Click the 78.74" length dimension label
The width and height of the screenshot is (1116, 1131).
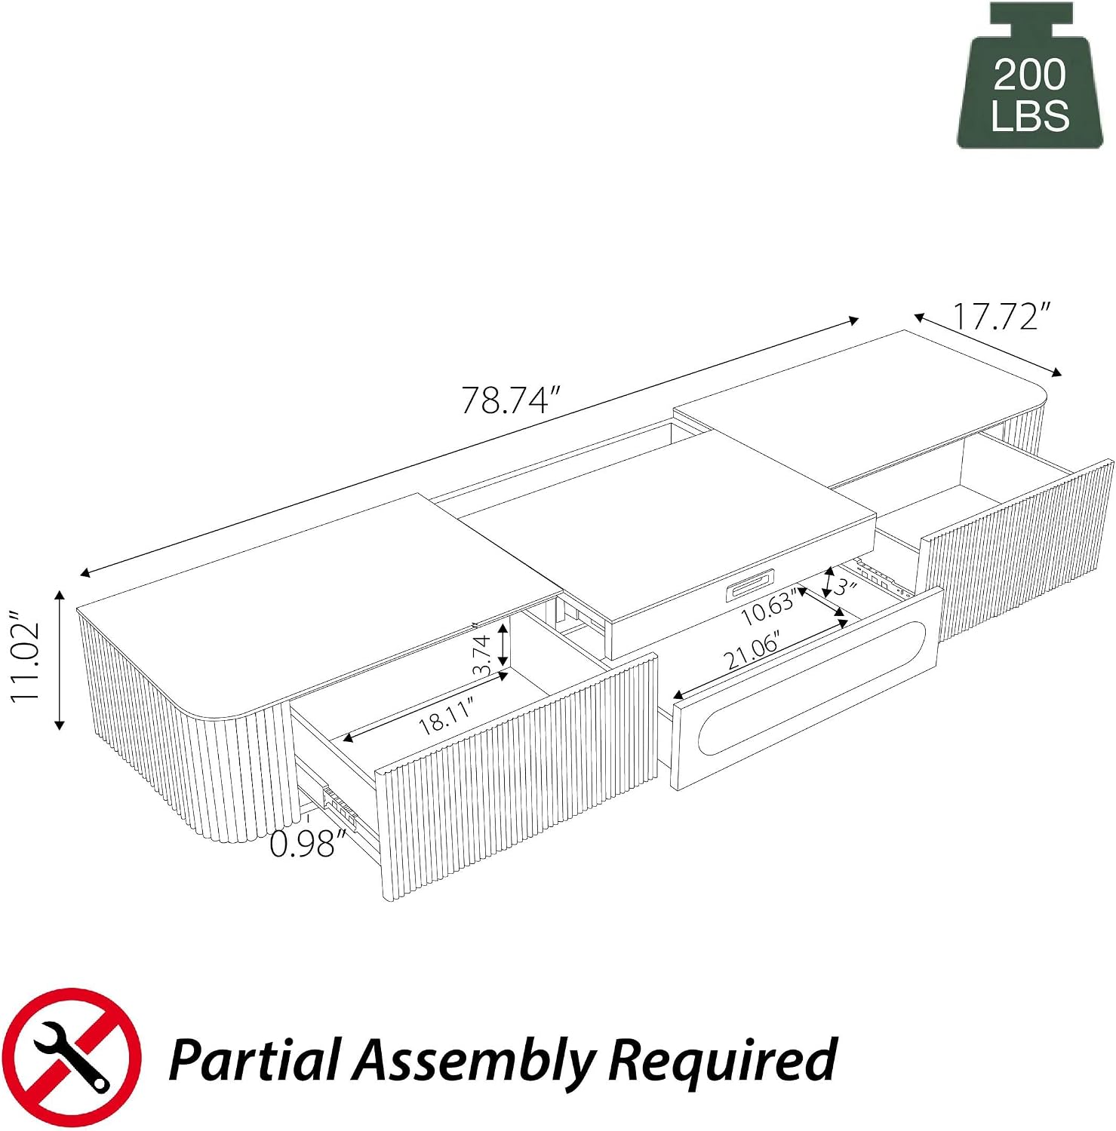coord(512,400)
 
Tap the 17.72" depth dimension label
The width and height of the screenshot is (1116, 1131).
coord(1001,316)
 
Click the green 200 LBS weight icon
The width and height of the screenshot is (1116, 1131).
coord(1030,75)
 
